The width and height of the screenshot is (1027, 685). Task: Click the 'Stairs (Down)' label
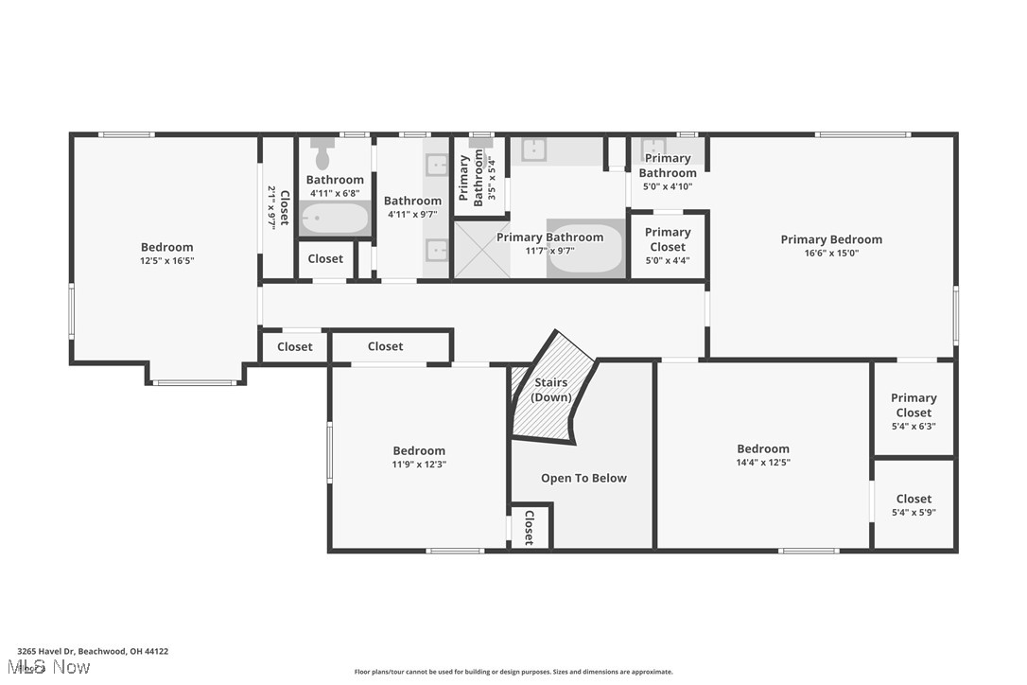pyautogui.click(x=550, y=390)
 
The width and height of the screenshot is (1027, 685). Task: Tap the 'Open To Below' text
pyautogui.click(x=583, y=478)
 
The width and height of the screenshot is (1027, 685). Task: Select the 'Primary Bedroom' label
pyautogui.click(x=831, y=239)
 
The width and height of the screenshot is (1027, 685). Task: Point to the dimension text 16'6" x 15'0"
pyautogui.click(x=831, y=253)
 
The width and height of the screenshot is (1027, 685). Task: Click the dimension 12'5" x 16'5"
pyautogui.click(x=167, y=260)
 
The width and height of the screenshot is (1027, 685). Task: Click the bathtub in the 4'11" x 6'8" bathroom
pyautogui.click(x=334, y=219)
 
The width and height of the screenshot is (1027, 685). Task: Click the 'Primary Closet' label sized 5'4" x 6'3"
pyautogui.click(x=913, y=405)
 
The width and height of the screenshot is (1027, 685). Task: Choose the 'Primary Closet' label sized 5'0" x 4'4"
pyautogui.click(x=668, y=239)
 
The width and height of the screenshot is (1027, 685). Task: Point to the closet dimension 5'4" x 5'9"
pyautogui.click(x=914, y=512)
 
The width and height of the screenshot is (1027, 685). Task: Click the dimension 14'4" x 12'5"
pyautogui.click(x=763, y=463)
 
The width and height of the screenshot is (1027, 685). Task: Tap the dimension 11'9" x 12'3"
pyautogui.click(x=419, y=465)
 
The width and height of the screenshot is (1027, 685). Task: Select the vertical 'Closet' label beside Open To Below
pyautogui.click(x=529, y=527)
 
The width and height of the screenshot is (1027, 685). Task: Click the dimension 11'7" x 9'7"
pyautogui.click(x=548, y=251)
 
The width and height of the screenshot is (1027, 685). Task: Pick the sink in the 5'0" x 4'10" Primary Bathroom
pyautogui.click(x=653, y=148)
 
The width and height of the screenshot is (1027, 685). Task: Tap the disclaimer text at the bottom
pyautogui.click(x=513, y=672)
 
